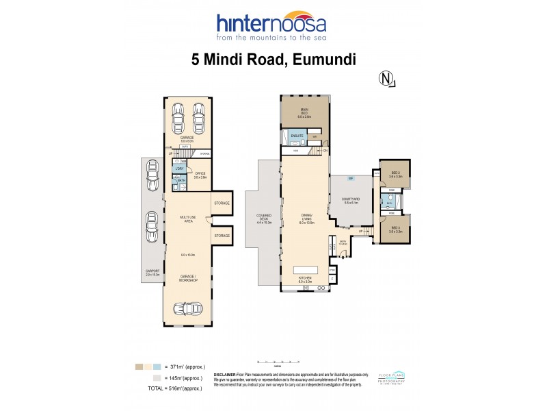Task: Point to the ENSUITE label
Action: (x=297, y=136)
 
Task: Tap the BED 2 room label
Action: (x=395, y=174)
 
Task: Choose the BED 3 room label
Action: (x=395, y=229)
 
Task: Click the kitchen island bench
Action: (x=304, y=269)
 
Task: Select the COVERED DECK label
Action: (x=264, y=219)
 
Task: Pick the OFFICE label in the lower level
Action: (x=200, y=175)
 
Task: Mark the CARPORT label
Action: (x=152, y=272)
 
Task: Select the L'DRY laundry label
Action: (x=178, y=169)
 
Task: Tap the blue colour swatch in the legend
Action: (x=157, y=367)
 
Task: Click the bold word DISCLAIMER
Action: (x=225, y=375)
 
